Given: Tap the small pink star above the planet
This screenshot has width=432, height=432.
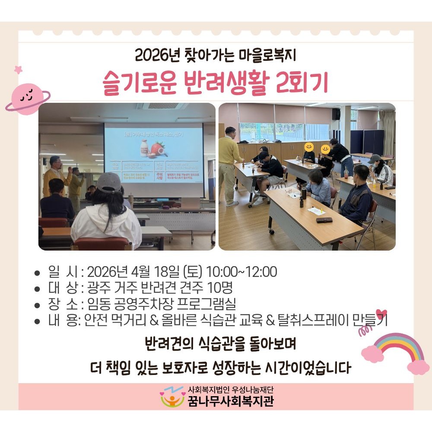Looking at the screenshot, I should pyautogui.click(x=18, y=69).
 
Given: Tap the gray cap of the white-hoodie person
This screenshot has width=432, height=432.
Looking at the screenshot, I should pyautogui.click(x=109, y=182).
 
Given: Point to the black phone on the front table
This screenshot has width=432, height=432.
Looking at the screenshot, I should pyautogui.click(x=324, y=220).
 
